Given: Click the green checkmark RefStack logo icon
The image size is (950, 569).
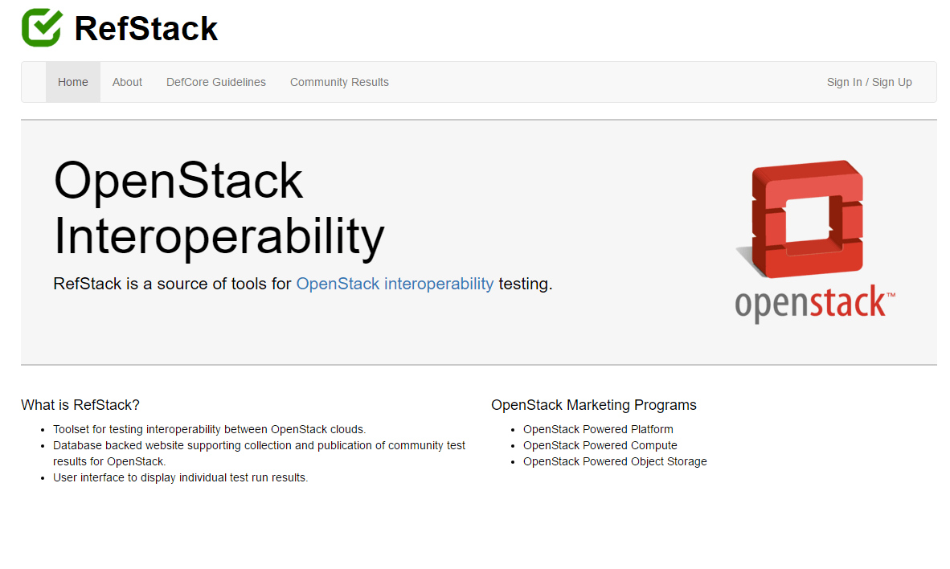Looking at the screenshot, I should pyautogui.click(x=41, y=27).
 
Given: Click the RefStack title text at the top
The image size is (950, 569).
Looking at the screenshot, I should pyautogui.click(x=145, y=29).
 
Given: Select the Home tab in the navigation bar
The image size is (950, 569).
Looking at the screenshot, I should pyautogui.click(x=73, y=82).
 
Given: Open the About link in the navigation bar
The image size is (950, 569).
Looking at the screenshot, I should pyautogui.click(x=127, y=82).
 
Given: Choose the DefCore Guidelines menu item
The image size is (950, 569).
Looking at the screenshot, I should pyautogui.click(x=216, y=82).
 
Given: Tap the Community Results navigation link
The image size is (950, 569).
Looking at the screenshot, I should pyautogui.click(x=339, y=82).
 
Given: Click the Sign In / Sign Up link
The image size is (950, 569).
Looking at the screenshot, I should pyautogui.click(x=869, y=82).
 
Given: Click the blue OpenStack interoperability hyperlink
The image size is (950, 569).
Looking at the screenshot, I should pyautogui.click(x=395, y=284).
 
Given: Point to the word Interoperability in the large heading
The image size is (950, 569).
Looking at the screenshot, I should pyautogui.click(x=219, y=236).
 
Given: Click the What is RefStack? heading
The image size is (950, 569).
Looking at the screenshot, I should pyautogui.click(x=80, y=405).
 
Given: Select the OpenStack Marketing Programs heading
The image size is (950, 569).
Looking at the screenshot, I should pyautogui.click(x=594, y=405).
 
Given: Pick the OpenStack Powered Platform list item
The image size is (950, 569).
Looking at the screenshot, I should pyautogui.click(x=598, y=429).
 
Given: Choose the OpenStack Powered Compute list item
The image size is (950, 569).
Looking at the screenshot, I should pyautogui.click(x=600, y=445).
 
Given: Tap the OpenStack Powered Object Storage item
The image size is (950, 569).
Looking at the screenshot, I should pyautogui.click(x=615, y=461).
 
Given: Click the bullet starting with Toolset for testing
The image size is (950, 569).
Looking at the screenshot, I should pyautogui.click(x=209, y=429).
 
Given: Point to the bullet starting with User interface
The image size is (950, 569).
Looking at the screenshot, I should pyautogui.click(x=180, y=477).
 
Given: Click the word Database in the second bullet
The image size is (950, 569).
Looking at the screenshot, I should pyautogui.click(x=77, y=445).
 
